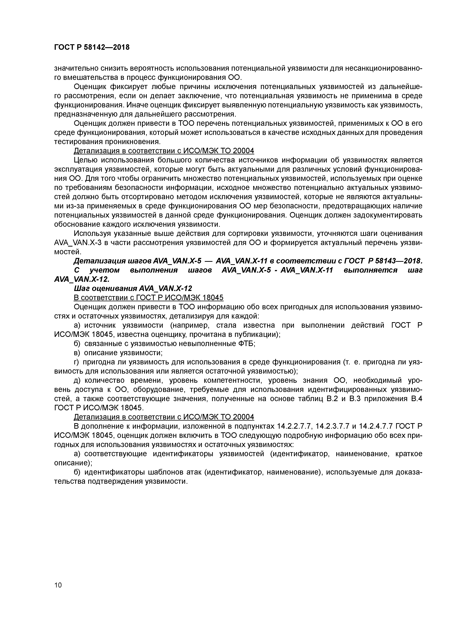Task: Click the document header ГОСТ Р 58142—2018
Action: tap(92, 47)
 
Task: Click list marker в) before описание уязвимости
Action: tap(77, 353)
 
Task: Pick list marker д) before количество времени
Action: tap(77, 380)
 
